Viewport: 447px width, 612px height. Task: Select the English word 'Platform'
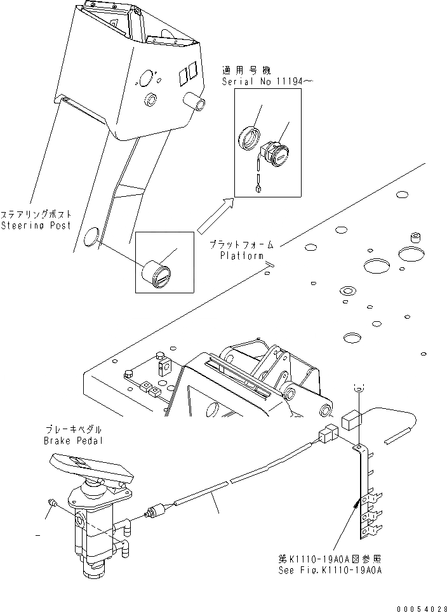pos(242,256)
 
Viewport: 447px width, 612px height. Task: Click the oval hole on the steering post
pos(91,239)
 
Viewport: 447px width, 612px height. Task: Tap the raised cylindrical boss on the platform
pos(417,237)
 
